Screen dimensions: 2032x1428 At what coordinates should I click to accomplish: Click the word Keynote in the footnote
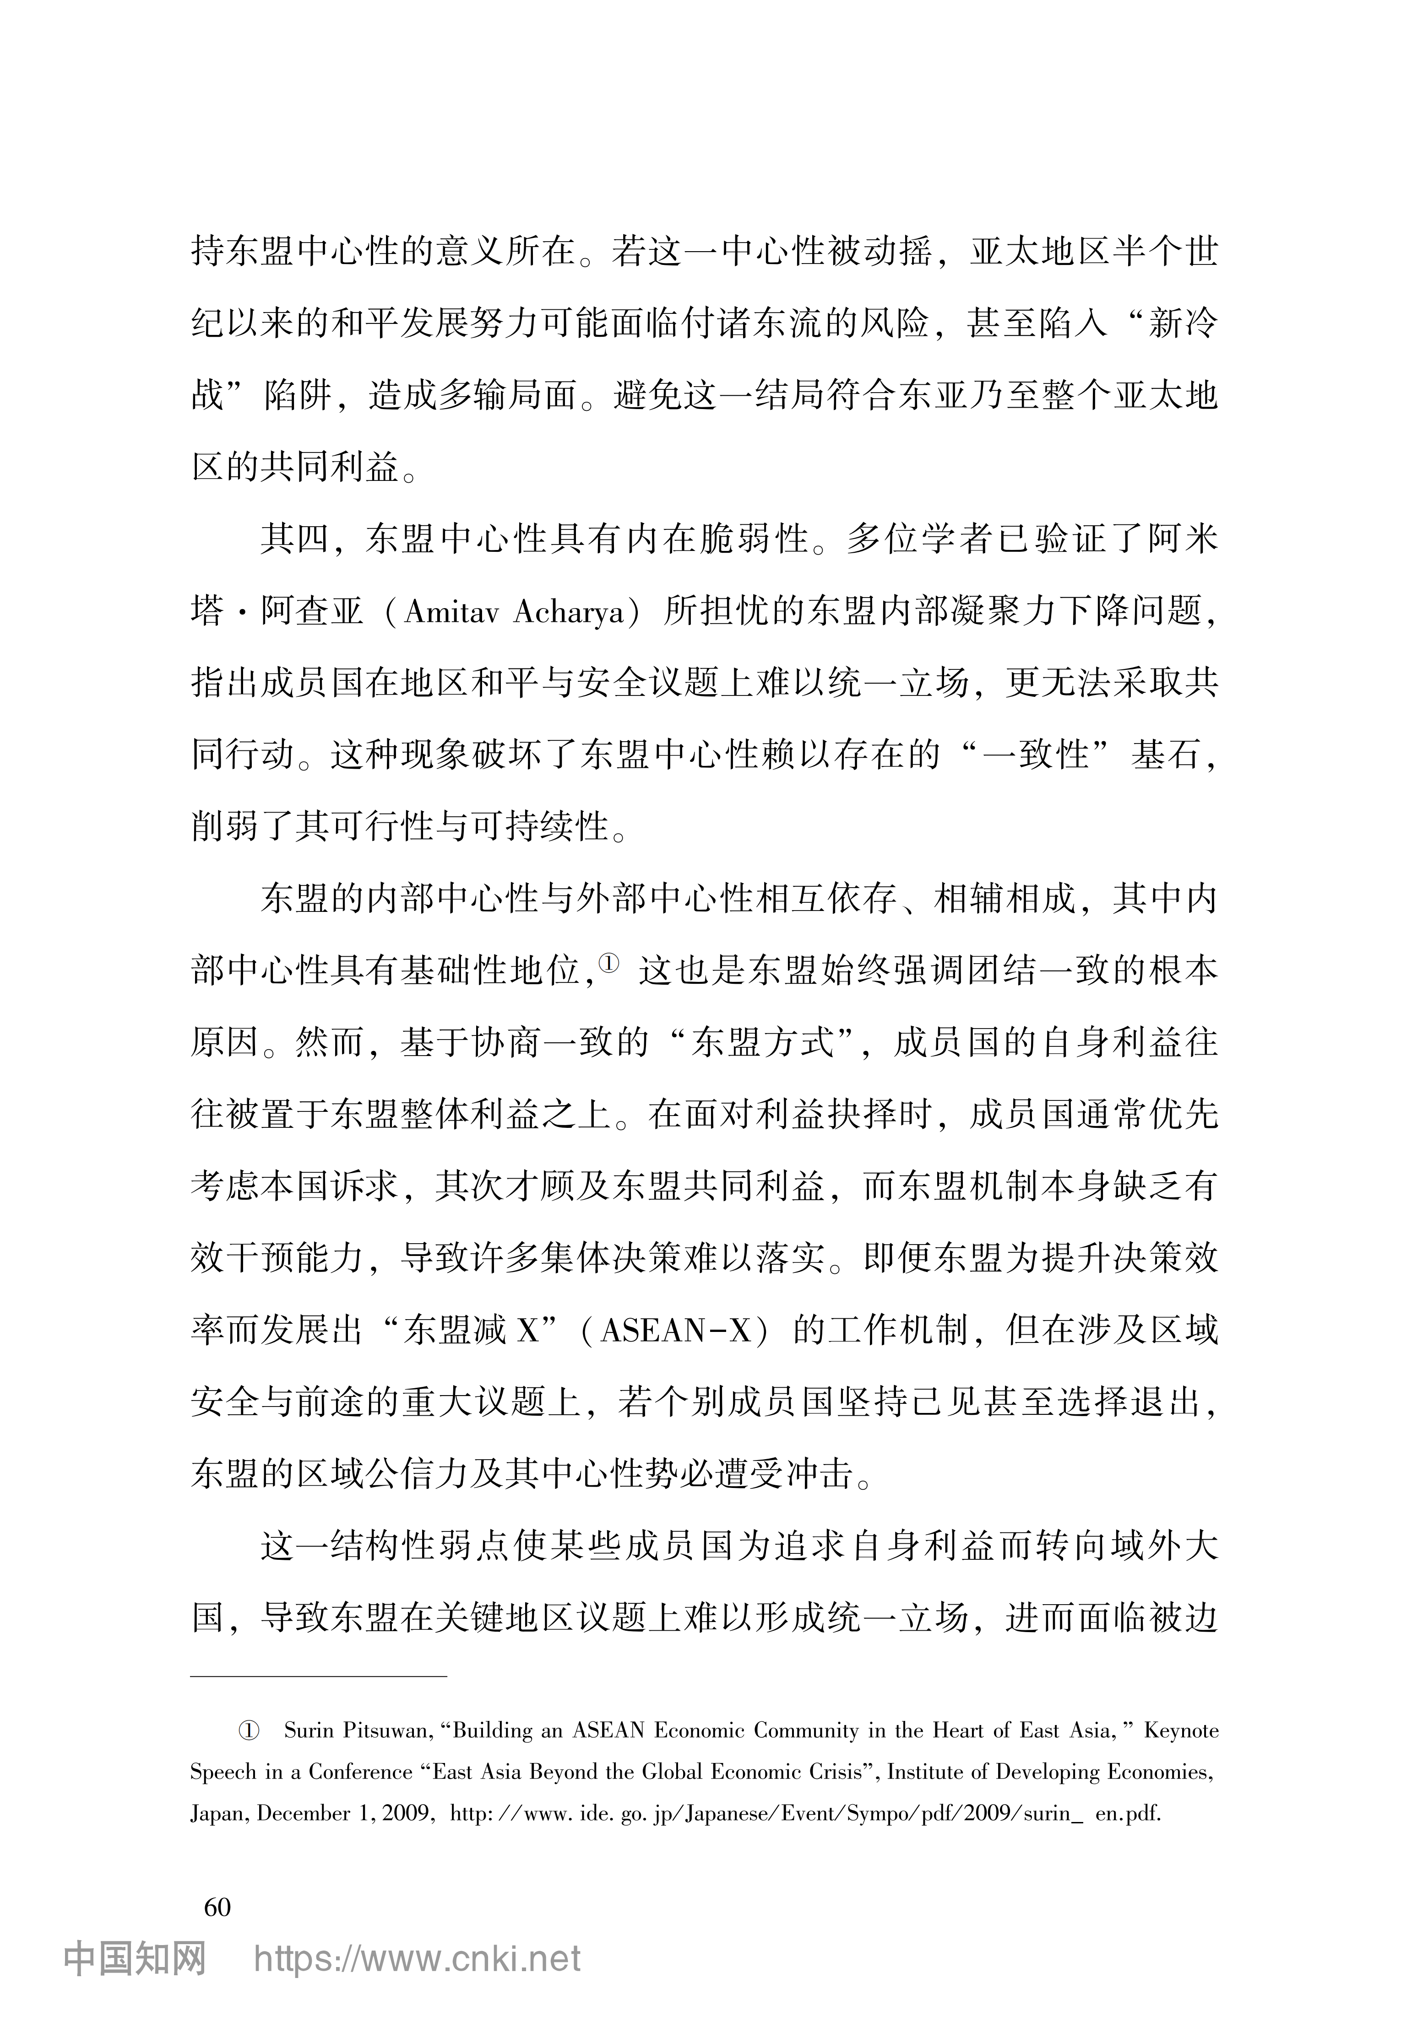pyautogui.click(x=1181, y=1730)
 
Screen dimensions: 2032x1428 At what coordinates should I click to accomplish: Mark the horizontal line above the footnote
pyautogui.click(x=319, y=1676)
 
